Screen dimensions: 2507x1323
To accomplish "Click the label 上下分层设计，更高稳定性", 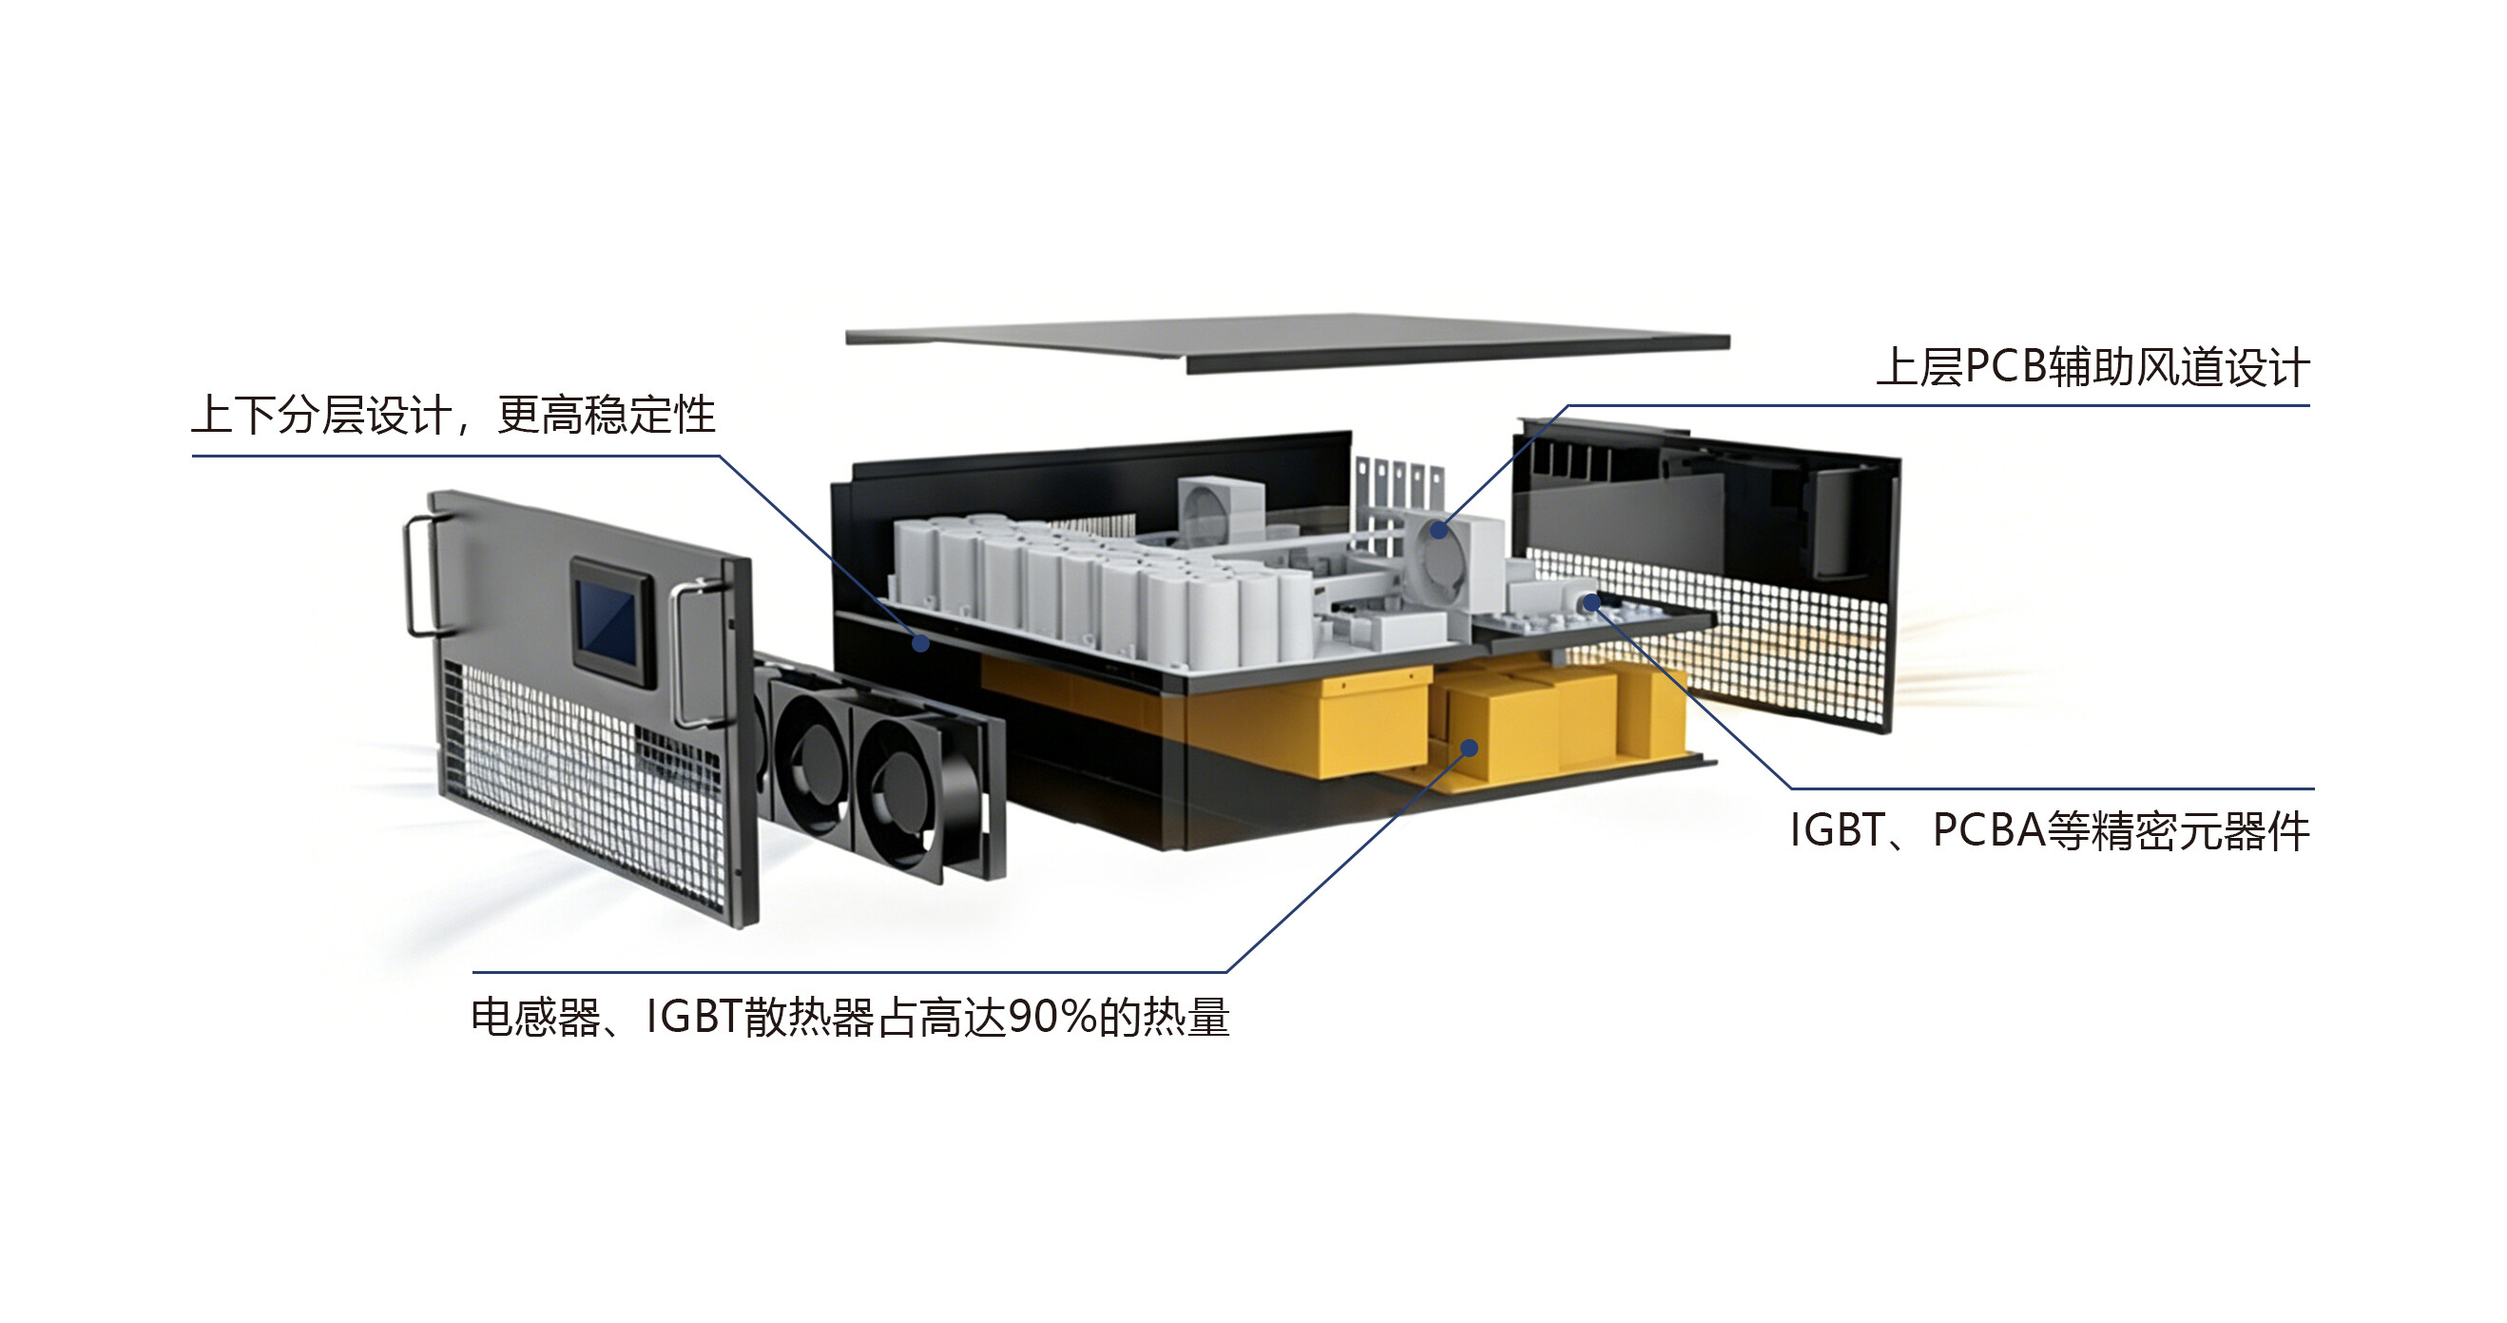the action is (453, 415).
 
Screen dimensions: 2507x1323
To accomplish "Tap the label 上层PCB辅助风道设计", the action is (2092, 368).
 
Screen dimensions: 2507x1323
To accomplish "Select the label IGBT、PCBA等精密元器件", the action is (2050, 831).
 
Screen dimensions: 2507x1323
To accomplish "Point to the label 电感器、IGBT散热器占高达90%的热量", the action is (851, 1018).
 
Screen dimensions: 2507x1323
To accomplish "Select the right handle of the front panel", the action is (693, 653).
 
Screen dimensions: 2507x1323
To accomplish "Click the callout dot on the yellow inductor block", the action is (1470, 748).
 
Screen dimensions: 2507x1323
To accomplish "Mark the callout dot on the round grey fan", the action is (1438, 531).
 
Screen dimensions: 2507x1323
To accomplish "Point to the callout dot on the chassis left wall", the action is (919, 643).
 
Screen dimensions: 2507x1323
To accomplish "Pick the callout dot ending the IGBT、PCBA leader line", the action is (1591, 604).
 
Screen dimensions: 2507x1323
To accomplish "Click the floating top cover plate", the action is (1286, 342).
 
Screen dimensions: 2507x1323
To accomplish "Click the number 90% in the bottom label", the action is (1052, 1018).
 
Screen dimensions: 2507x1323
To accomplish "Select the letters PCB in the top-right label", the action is (2006, 368).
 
